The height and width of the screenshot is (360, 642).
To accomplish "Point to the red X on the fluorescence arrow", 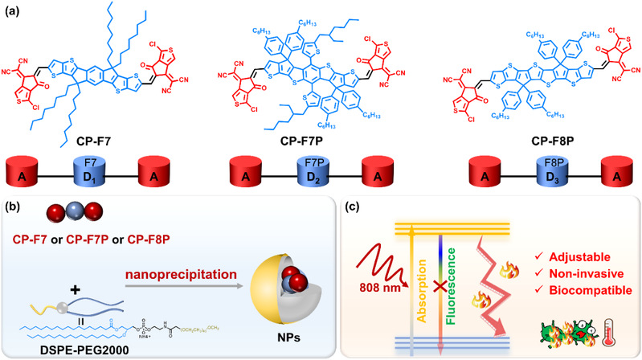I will (x=458, y=287).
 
